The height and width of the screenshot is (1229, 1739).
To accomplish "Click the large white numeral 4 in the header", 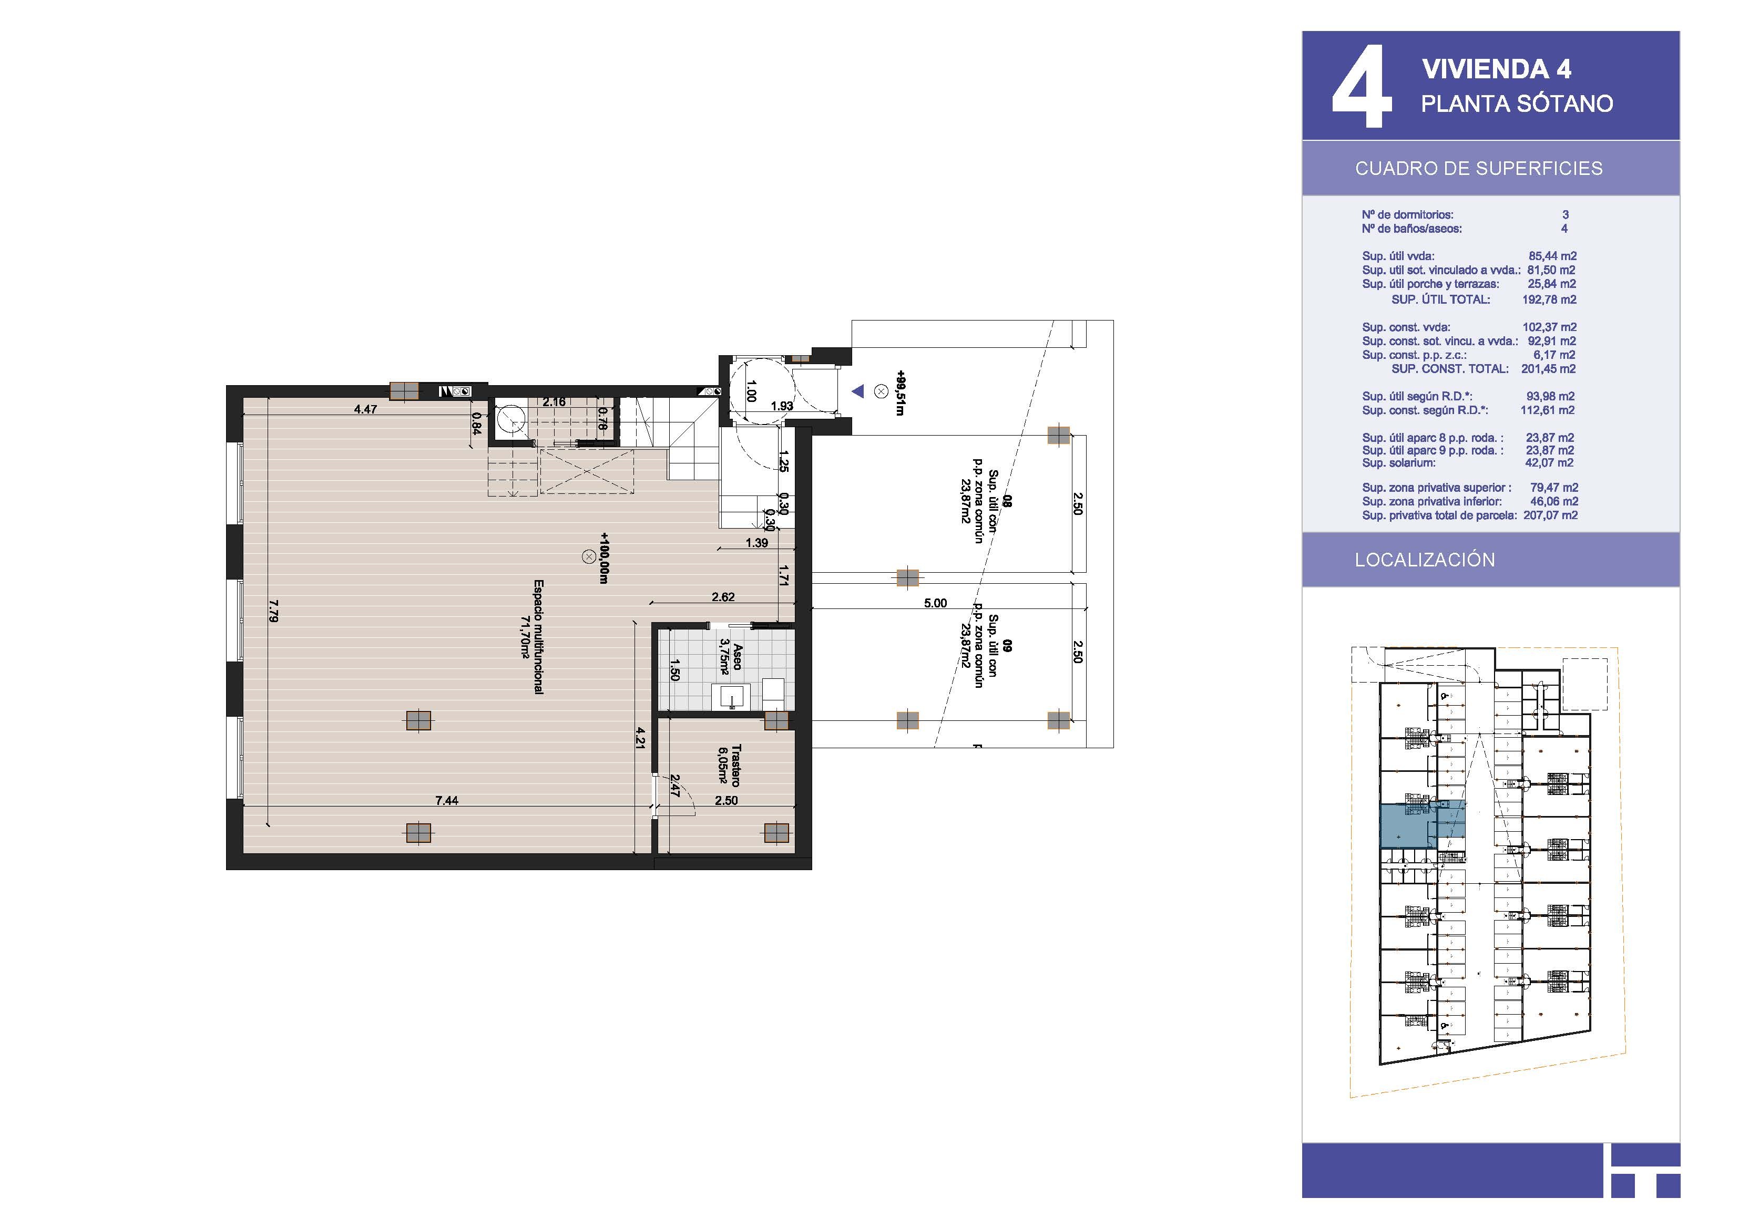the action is tap(1361, 86).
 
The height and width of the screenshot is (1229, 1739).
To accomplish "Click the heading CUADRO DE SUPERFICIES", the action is tap(1478, 168).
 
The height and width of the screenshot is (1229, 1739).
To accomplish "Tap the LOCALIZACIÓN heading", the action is tap(1425, 560).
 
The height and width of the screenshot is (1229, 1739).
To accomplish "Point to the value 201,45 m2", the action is tap(1548, 369).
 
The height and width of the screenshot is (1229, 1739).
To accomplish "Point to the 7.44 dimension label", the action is tap(447, 800).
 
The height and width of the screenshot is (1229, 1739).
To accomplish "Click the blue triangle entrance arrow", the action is tap(857, 391).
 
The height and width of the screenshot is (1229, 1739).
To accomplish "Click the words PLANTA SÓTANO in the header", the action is tap(1517, 104).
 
